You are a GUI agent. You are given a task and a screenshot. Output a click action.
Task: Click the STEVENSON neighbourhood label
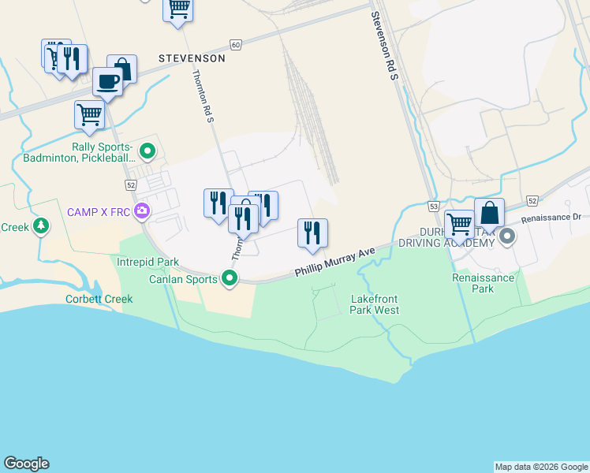coord(192,58)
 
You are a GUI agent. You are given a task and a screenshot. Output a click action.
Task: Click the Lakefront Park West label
coord(375,304)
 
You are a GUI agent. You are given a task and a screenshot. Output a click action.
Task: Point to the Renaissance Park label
coord(483,283)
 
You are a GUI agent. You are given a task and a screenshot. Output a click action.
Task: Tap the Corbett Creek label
coord(99,300)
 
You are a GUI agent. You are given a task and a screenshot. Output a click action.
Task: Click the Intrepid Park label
coord(147,262)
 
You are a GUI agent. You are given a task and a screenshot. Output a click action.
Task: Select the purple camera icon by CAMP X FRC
coord(142,210)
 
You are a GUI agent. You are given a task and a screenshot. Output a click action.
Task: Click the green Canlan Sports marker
coord(230,278)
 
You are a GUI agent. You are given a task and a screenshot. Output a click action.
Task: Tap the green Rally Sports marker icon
coord(147,150)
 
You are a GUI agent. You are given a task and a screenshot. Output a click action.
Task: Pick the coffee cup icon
coord(107,80)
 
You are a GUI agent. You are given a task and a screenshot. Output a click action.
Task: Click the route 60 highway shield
coord(236,45)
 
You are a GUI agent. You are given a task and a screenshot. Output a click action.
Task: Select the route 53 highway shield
coord(433,206)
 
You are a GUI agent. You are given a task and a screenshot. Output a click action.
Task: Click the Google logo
coord(26,464)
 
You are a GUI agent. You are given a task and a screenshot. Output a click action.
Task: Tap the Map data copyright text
coord(541,467)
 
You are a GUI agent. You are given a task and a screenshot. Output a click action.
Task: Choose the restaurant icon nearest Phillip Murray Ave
coord(312,233)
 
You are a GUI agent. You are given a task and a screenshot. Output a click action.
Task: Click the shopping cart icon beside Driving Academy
coord(458,223)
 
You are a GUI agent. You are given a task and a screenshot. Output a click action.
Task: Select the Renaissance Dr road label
coord(551,214)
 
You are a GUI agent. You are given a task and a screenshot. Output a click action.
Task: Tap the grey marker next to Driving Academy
coord(507,236)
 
